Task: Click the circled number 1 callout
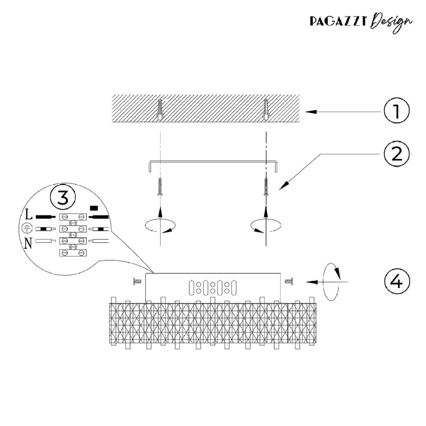[397, 110]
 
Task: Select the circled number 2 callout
[397, 154]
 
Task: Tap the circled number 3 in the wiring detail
[63, 197]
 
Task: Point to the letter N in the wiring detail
[28, 243]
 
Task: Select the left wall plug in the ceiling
[160, 110]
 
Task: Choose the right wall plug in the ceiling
[266, 110]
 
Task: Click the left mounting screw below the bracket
[160, 187]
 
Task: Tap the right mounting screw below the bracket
[266, 187]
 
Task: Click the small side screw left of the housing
[137, 282]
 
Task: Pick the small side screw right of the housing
[289, 282]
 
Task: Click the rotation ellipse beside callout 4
[331, 282]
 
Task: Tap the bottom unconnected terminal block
[73, 253]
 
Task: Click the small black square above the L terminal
[94, 208]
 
